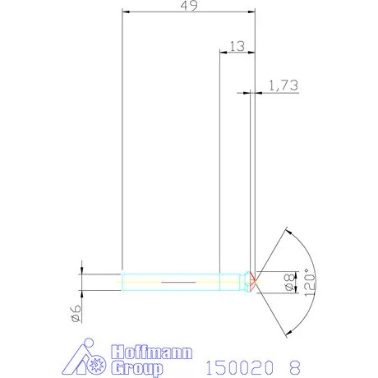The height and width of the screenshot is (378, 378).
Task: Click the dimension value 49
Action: point(187,6)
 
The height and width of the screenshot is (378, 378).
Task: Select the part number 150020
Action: point(237,367)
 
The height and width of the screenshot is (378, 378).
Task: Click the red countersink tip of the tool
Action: point(253,282)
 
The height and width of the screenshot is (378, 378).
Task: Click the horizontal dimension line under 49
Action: point(187,12)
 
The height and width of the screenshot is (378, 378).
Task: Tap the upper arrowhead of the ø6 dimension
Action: point(82,269)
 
